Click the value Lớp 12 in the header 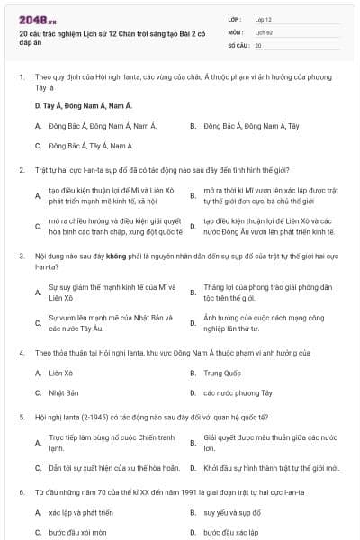click(264, 18)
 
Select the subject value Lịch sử click(263, 31)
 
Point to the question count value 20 click(258, 44)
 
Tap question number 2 click(22, 169)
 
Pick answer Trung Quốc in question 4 click(222, 372)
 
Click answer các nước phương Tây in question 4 click(237, 392)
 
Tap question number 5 click(22, 418)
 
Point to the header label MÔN click(235, 31)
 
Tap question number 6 click(22, 492)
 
